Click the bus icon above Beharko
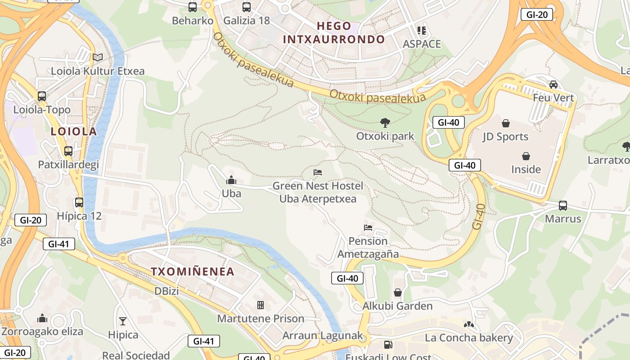[193, 7]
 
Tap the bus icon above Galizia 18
[247, 7]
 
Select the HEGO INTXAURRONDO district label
[334, 32]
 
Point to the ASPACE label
[422, 44]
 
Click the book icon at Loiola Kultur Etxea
[98, 57]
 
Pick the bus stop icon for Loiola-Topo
[42, 96]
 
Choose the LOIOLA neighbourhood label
[74, 131]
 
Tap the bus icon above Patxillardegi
[68, 151]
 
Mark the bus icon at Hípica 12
[79, 202]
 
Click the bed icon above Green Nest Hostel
[318, 172]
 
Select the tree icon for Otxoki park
[385, 122]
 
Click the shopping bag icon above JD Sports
[505, 123]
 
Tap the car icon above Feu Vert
[553, 84]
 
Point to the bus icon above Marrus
[563, 206]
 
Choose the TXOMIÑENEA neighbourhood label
[193, 272]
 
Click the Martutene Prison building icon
[261, 305]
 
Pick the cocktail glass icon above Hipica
[123, 321]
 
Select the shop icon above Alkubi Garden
[398, 292]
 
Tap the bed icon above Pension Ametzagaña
[368, 228]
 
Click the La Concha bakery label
[469, 338]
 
